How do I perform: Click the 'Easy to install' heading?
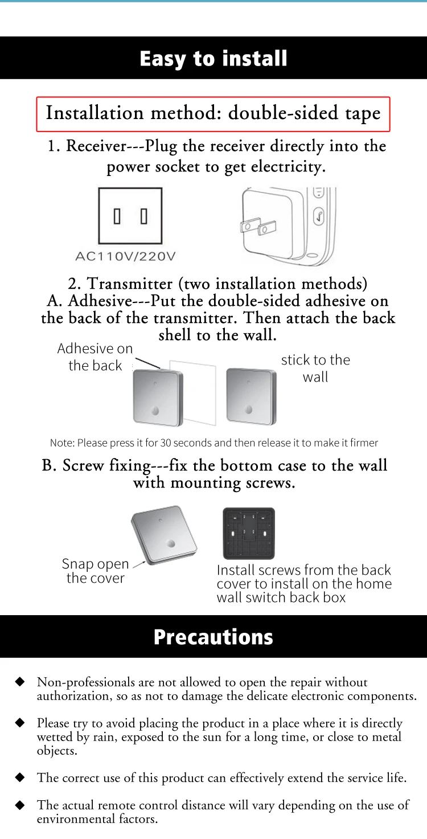tap(213, 59)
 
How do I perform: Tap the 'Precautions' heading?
tap(213, 637)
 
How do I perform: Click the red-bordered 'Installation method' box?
tap(213, 114)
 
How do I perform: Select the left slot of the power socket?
tap(117, 216)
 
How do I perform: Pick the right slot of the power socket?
tap(143, 216)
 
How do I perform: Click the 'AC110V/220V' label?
tap(125, 256)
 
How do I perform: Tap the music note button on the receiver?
tap(318, 216)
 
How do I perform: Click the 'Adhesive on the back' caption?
tap(95, 357)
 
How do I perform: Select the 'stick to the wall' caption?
tap(315, 368)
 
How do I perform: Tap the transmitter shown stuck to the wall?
tap(252, 396)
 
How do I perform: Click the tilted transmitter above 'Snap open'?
tap(164, 535)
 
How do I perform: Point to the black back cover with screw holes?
tap(249, 533)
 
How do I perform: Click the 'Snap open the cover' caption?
tap(96, 571)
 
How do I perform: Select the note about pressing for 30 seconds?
tap(214, 443)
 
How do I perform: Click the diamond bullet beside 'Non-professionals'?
tap(20, 681)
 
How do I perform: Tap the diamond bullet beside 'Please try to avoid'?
tap(20, 722)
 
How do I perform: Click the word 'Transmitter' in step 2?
tap(129, 284)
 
